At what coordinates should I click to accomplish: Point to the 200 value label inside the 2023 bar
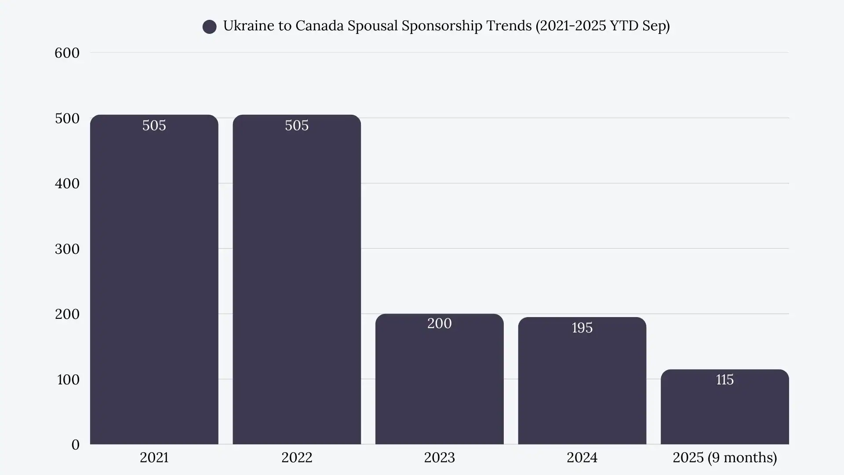tap(439, 323)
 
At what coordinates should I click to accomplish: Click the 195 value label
tap(582, 328)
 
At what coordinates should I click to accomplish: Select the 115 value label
tap(724, 380)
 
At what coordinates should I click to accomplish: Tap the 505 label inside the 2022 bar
tap(297, 125)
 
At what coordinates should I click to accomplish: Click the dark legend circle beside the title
tap(209, 27)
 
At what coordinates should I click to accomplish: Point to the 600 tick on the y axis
tap(67, 53)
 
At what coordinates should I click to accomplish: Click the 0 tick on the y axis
tap(75, 445)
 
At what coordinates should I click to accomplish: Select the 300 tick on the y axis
tap(67, 249)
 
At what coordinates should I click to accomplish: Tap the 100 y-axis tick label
tap(68, 380)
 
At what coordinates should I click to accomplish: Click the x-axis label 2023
tap(439, 457)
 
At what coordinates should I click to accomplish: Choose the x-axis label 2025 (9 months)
tap(724, 457)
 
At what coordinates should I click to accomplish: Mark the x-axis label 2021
tap(154, 457)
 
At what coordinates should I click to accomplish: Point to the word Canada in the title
tap(320, 26)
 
